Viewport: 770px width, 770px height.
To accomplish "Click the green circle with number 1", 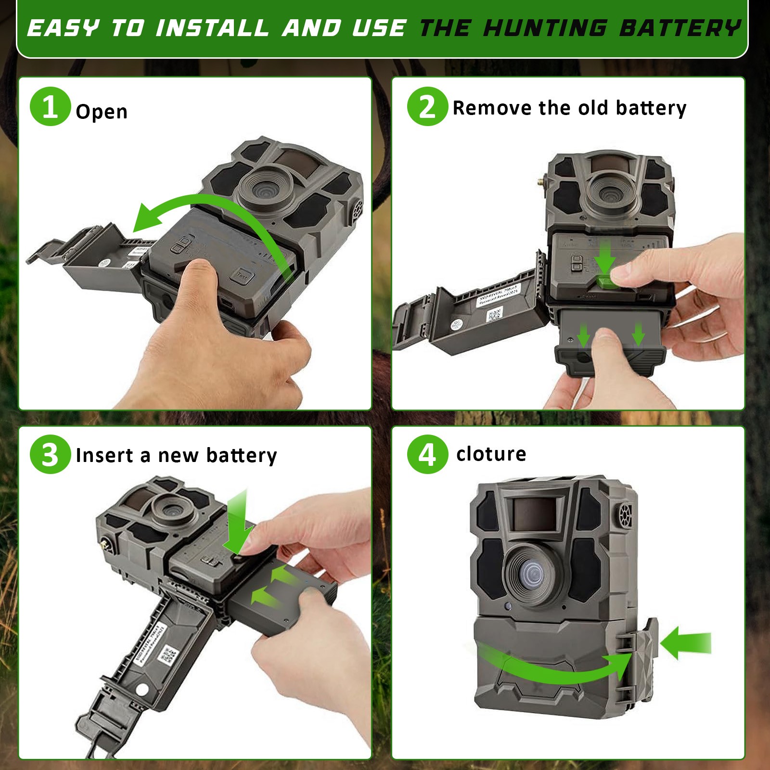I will click(x=50, y=107).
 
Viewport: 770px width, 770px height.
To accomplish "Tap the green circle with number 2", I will click(x=427, y=107).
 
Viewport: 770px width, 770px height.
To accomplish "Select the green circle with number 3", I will click(x=50, y=454).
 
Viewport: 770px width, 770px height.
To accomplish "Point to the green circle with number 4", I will click(x=427, y=454).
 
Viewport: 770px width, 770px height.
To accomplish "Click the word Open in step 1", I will click(x=102, y=112).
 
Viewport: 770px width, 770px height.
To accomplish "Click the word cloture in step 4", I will click(x=491, y=454).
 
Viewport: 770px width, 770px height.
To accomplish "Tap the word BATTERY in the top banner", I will click(x=680, y=28).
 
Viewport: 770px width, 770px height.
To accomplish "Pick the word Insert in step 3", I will click(x=104, y=455).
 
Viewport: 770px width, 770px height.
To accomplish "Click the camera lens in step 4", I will click(x=533, y=574).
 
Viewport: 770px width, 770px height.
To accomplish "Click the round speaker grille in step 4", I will click(x=625, y=515).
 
